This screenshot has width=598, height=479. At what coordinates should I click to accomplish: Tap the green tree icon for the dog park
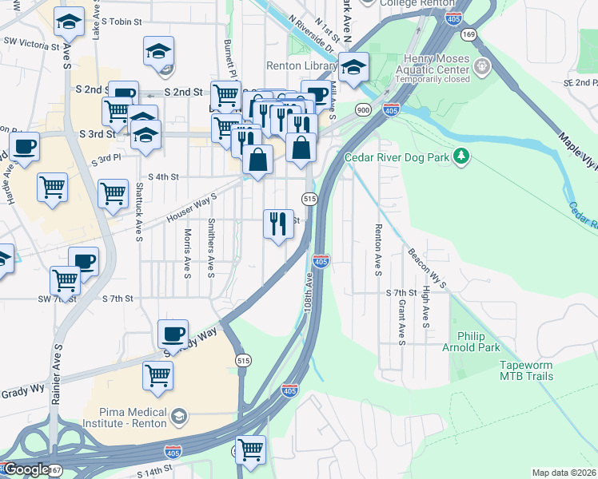460,156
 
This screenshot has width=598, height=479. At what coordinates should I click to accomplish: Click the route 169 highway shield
469,34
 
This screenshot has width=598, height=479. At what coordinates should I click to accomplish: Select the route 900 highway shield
364,110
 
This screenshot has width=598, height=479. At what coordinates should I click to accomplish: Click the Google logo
26,469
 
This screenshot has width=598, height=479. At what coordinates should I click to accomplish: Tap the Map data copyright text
564,472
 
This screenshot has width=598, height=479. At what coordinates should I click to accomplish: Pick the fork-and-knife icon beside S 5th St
278,223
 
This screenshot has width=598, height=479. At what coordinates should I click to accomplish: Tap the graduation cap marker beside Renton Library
352,68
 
